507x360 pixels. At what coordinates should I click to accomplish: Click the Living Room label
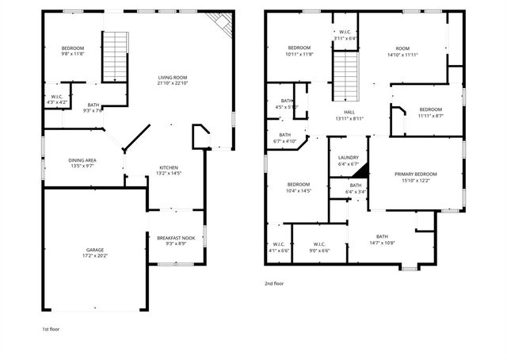coord(172,77)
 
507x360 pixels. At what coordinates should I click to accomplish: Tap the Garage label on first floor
coord(94,250)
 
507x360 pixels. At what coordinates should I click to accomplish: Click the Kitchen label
coord(169,167)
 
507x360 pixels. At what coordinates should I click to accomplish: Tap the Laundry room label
coord(348,157)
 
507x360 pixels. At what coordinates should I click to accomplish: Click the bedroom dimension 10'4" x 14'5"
coord(298,191)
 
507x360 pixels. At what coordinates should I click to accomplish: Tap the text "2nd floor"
coord(273,283)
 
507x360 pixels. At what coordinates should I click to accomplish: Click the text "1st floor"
coord(51,327)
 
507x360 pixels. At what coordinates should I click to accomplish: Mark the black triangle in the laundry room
coord(360,170)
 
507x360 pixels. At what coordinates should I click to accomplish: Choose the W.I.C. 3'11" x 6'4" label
coord(345,35)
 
